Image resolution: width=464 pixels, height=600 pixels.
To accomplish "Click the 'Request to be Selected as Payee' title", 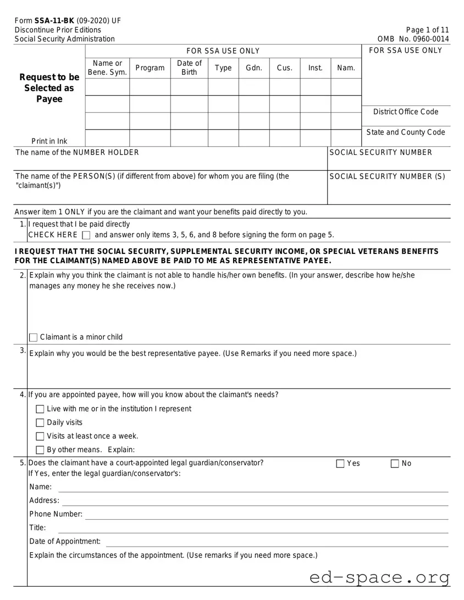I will point(50,88).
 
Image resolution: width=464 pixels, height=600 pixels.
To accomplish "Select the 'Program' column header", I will point(150,68).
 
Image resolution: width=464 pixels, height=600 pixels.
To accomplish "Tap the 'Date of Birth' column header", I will point(189,68).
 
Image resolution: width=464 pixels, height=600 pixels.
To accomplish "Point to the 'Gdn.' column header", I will point(253,68).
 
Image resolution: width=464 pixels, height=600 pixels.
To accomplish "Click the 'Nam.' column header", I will point(346,68).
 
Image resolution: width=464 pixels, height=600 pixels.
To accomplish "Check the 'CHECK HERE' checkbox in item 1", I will point(86,236).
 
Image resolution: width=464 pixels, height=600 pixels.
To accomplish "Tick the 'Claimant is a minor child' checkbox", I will point(33,337).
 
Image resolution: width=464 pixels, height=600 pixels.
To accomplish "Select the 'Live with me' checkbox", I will point(40,409).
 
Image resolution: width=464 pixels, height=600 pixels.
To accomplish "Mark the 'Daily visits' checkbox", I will point(40,423).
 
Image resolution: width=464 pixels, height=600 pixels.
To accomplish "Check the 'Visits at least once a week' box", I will point(40,437).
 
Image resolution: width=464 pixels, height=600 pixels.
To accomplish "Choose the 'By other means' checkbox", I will point(40,451).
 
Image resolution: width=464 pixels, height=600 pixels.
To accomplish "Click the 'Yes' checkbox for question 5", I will point(340,464).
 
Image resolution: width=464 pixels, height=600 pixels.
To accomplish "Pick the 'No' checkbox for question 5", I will point(395,464).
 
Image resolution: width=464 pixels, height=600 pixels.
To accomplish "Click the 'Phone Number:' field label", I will point(56,514).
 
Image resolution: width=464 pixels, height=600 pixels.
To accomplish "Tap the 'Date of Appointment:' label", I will point(65,542).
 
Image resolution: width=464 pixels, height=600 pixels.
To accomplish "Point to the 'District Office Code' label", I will point(406,112).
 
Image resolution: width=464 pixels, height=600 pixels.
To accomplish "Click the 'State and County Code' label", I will point(406,132).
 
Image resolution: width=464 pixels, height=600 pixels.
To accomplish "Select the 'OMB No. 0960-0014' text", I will point(413,39).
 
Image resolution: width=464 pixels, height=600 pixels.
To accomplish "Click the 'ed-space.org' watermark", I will point(379,577).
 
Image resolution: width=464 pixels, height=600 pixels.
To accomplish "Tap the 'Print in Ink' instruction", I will point(49,142).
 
